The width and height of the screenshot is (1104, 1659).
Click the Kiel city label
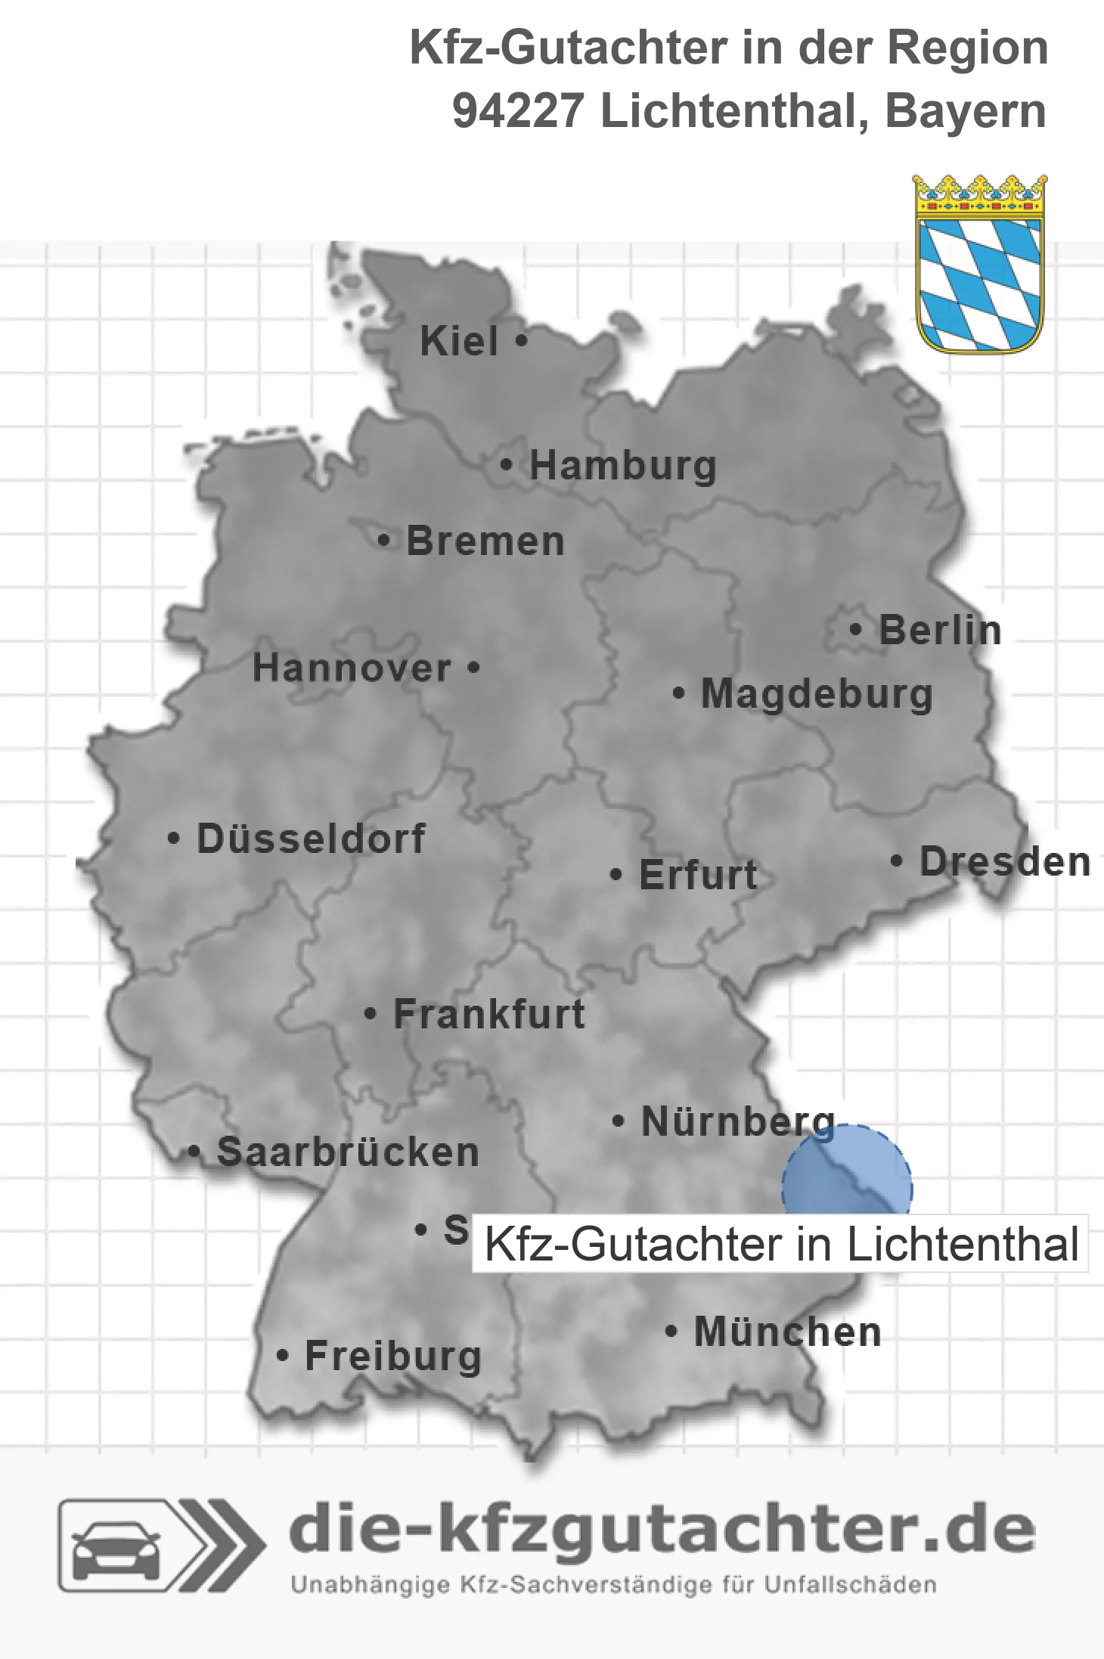(x=459, y=341)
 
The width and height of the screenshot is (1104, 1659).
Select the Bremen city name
(x=485, y=541)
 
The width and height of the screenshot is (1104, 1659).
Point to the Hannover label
(x=352, y=668)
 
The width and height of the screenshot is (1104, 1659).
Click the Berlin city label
(x=940, y=630)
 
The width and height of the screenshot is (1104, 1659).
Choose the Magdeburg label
(x=817, y=694)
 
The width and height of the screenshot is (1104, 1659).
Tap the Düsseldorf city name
(x=311, y=839)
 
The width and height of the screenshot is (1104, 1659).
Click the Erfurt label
(x=698, y=875)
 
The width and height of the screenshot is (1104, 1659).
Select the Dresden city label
(x=1005, y=862)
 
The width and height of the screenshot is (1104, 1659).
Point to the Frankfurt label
(x=489, y=1014)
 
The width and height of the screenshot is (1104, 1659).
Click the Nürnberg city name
(x=738, y=1121)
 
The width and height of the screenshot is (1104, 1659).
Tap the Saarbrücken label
(x=348, y=1152)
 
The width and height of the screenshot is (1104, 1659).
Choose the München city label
(x=787, y=1332)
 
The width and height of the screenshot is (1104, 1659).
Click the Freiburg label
(x=393, y=1357)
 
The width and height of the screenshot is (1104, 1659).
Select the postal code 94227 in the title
(x=517, y=111)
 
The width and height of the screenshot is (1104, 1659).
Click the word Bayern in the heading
(x=966, y=111)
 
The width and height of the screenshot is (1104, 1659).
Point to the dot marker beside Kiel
(x=521, y=340)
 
